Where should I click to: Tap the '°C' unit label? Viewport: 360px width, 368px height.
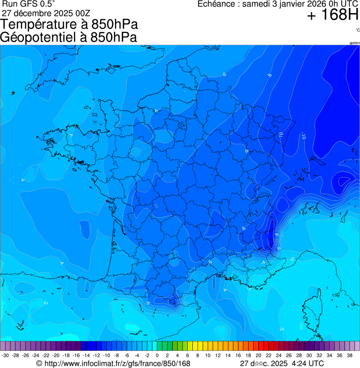[x=357, y=30]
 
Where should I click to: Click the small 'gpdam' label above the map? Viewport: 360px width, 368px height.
[x=354, y=43]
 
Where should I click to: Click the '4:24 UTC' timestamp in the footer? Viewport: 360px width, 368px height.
[x=307, y=363]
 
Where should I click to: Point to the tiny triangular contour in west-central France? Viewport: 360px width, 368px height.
[x=156, y=206]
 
